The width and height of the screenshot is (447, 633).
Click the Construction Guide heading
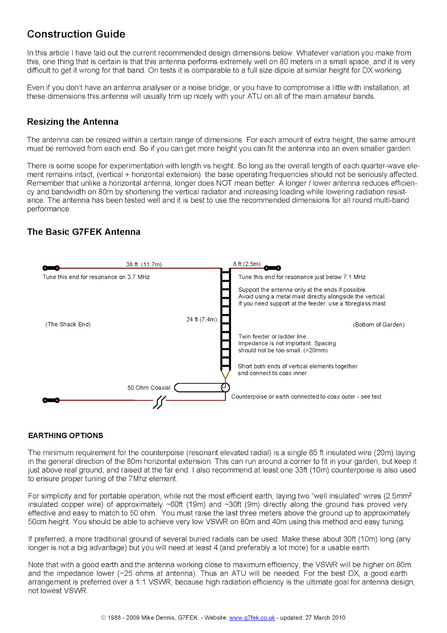tap(76, 34)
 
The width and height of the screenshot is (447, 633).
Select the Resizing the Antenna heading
tap(73, 122)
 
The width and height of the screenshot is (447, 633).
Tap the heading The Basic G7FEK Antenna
tap(83, 232)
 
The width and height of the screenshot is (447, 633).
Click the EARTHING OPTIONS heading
tap(66, 436)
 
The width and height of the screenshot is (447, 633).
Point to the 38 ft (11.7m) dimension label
tap(144, 264)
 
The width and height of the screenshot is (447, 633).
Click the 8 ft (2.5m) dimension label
tap(247, 264)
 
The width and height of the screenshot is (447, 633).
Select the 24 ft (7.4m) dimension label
tap(202, 319)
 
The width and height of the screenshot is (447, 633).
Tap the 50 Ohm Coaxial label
tap(149, 388)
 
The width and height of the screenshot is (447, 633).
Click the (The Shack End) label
tap(68, 324)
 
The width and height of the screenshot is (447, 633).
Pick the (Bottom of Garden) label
tap(379, 325)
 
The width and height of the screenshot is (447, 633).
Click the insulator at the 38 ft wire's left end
tap(51, 268)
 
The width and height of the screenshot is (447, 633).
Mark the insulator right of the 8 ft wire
tap(272, 268)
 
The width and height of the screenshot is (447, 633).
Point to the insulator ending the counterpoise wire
tap(51, 400)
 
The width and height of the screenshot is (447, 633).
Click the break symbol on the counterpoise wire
tap(159, 402)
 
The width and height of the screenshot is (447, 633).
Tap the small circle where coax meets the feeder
tap(225, 388)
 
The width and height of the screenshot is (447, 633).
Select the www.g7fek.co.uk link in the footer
tap(252, 618)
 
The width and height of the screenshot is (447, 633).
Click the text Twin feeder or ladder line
tap(273, 337)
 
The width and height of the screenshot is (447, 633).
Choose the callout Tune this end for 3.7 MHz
tap(96, 277)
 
